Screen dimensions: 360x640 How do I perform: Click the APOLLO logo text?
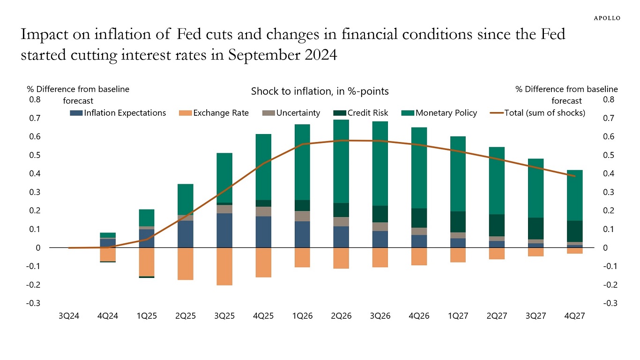607,18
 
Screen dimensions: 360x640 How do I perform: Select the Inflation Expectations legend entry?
118,113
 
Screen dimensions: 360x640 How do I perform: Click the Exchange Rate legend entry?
214,113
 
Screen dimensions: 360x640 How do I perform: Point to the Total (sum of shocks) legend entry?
537,113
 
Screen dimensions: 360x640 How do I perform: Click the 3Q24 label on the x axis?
69,316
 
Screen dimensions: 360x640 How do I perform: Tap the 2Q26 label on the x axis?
342,316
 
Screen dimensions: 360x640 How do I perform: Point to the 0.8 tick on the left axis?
36,99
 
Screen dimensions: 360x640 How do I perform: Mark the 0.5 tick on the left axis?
36,155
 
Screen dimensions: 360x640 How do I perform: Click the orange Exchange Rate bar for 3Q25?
224,266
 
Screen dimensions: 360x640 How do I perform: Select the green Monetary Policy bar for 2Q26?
342,161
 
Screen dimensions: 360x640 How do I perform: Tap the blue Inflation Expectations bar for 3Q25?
224,231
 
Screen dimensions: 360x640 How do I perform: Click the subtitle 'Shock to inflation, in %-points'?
320,91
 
